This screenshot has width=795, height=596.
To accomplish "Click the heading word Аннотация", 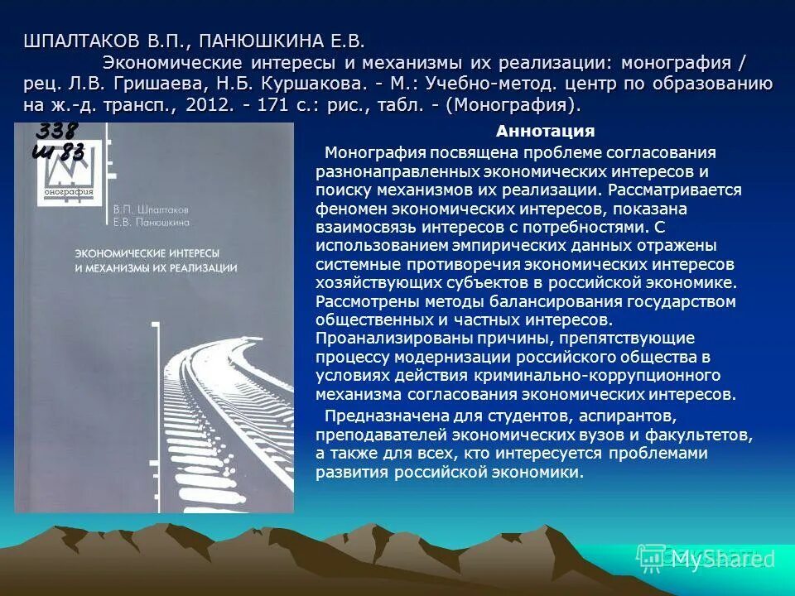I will (x=545, y=131).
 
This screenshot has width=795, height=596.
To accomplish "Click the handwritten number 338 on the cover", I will (x=56, y=131).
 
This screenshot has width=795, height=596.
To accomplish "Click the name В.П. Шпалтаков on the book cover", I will (x=151, y=210).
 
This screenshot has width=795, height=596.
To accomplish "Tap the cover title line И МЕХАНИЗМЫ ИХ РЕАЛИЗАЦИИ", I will (x=156, y=268).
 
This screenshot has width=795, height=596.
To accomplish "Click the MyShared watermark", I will (x=717, y=559).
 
